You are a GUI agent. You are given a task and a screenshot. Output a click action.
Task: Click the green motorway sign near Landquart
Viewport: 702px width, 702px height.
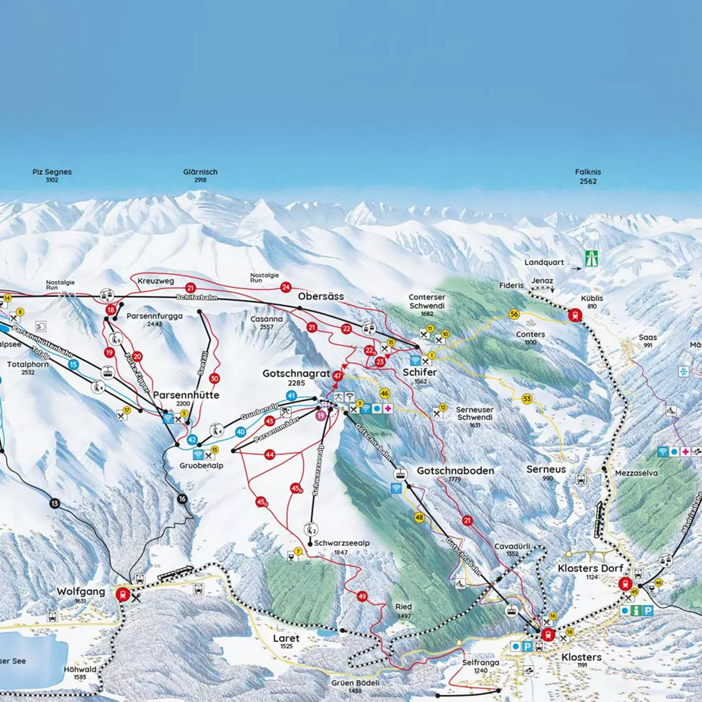coord(591,259)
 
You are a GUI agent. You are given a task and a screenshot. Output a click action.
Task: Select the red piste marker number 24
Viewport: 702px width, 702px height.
coord(286,287)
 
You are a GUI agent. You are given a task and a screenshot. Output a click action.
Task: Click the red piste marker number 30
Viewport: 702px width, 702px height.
coord(214,379)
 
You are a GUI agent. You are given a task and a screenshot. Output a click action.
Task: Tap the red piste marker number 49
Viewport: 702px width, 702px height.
coord(362,597)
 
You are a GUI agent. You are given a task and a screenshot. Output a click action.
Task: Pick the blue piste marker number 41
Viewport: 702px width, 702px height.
coord(291,396)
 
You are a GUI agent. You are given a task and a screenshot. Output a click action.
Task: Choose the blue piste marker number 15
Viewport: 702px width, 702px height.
coord(73,364)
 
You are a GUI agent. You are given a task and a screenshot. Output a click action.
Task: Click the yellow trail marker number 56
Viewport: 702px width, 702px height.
coord(514,314)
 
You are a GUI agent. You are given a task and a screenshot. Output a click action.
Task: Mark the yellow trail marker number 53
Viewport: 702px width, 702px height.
coord(526,399)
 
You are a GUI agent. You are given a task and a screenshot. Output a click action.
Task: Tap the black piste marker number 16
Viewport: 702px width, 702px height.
coord(182,499)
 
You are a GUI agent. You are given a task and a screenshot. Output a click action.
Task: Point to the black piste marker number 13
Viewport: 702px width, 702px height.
coord(55,504)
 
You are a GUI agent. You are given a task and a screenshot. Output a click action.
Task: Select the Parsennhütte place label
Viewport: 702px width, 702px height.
coord(186,395)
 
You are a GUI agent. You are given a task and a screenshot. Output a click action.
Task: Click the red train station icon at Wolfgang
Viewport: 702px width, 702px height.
coord(123,594)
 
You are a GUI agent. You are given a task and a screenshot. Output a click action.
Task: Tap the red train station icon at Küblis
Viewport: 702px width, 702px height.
coord(574,315)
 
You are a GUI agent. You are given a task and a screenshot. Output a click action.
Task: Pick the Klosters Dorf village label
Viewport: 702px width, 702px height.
coord(590,568)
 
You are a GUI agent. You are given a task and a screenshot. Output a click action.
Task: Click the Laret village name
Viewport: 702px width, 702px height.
coord(286,638)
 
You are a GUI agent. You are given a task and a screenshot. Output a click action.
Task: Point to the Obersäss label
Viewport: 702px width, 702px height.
coord(321,297)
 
